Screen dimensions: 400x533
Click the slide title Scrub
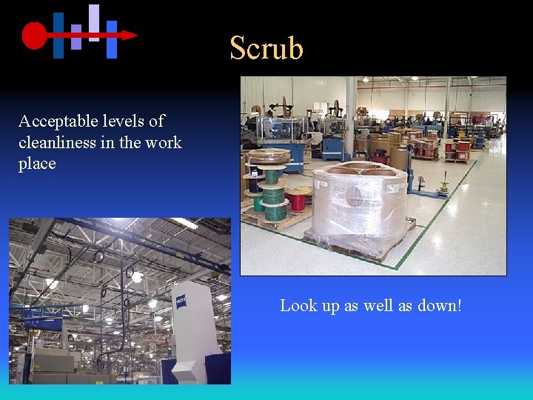pos(266,48)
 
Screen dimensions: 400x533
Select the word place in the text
pos(37,164)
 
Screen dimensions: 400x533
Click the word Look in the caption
pos(298,305)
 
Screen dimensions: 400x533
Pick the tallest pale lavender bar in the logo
pos(94,22)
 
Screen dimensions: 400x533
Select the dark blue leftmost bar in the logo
pos(58,35)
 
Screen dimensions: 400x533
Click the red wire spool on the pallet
pos(299,200)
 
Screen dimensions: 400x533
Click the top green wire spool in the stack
pos(272,176)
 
